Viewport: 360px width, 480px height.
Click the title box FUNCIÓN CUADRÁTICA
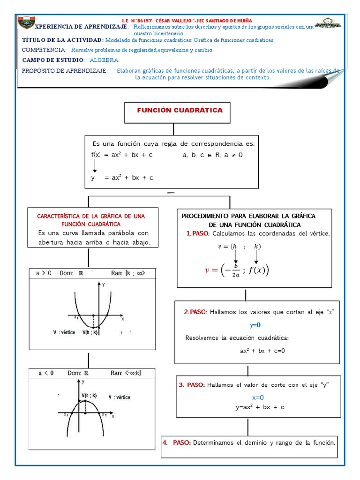click(x=180, y=111)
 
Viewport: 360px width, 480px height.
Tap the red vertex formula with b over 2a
click(x=237, y=270)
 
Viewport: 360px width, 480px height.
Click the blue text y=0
click(x=255, y=325)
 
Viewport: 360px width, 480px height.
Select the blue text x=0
click(x=258, y=397)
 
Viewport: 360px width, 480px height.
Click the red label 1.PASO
click(x=198, y=233)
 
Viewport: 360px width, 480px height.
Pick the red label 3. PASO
click(x=191, y=385)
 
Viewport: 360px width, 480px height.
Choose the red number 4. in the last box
click(x=165, y=442)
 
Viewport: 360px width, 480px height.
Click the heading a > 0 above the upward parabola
click(x=44, y=273)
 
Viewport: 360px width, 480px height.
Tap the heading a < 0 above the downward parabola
click(x=45, y=373)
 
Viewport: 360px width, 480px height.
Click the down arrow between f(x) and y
click(x=95, y=166)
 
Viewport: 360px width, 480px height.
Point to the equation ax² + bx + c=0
click(x=262, y=350)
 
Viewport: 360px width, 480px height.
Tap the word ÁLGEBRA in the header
click(x=104, y=60)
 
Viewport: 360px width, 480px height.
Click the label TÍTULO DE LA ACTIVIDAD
click(x=62, y=40)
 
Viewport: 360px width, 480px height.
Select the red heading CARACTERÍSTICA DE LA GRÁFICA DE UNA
click(x=91, y=216)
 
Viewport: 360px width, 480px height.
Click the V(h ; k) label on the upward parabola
click(x=90, y=332)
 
